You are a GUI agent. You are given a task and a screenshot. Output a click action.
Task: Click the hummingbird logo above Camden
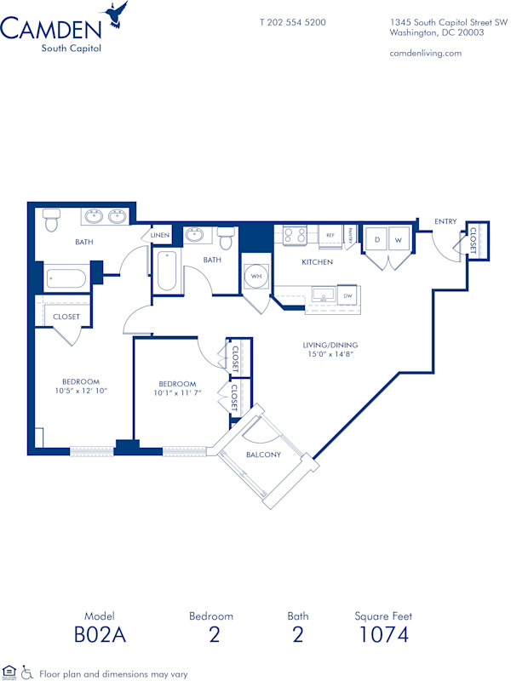coord(116,14)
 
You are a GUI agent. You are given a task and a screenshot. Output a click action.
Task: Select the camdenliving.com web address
coord(425,53)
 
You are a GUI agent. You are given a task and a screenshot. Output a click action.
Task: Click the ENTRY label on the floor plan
coord(445,221)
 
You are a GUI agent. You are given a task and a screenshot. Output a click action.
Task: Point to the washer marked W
coord(396,241)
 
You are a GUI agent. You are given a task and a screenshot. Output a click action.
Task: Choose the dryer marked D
coord(376,241)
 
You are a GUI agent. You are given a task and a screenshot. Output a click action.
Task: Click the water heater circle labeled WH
coord(255,276)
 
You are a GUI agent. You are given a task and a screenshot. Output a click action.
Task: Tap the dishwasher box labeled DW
coord(347,296)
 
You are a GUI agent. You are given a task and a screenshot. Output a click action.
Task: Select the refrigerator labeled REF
coord(330,236)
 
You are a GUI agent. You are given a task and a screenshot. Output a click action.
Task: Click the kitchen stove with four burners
coord(295,235)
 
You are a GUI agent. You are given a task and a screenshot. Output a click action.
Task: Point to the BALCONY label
coord(263,455)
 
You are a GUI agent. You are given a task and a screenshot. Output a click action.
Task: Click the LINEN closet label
coord(161,235)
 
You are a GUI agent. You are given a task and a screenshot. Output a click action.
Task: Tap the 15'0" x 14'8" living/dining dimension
coord(331,356)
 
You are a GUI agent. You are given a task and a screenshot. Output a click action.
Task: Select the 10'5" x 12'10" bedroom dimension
coord(80,391)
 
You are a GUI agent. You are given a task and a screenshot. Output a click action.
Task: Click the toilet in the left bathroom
coord(52,221)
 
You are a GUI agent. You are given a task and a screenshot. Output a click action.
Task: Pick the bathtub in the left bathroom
coord(66,278)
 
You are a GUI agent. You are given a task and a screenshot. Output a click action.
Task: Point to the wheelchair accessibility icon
coord(26,672)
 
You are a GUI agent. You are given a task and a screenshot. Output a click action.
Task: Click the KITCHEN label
coord(317,262)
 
